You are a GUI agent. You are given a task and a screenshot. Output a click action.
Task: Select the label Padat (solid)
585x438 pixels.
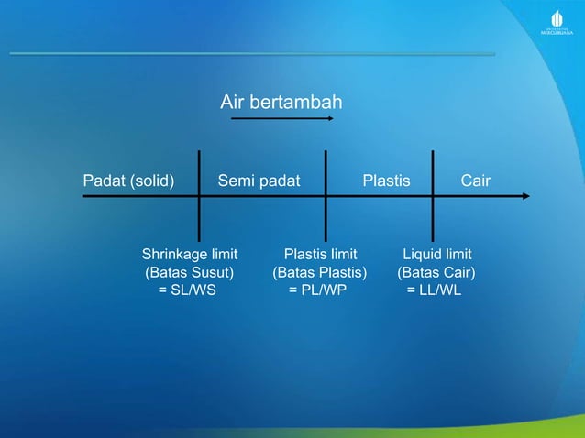129,181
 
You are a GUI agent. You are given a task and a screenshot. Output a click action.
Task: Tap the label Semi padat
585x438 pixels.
259,181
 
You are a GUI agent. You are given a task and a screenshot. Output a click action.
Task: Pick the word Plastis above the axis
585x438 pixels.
386,181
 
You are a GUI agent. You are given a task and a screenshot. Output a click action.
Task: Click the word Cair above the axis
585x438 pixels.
475,181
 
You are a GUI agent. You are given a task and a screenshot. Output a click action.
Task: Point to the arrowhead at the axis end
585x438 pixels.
524,196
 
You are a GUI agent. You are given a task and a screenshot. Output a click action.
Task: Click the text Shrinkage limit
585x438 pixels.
190,254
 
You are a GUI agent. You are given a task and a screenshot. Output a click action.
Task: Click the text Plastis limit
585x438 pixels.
320,254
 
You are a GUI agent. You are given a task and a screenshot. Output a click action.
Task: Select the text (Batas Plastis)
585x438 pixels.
319,273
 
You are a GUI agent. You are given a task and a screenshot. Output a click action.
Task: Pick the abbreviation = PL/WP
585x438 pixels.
318,291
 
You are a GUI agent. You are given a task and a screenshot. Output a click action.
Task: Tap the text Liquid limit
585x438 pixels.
437,254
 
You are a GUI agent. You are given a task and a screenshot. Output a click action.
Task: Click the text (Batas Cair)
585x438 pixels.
436,273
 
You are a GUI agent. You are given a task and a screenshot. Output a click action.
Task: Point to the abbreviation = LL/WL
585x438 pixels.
435,291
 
